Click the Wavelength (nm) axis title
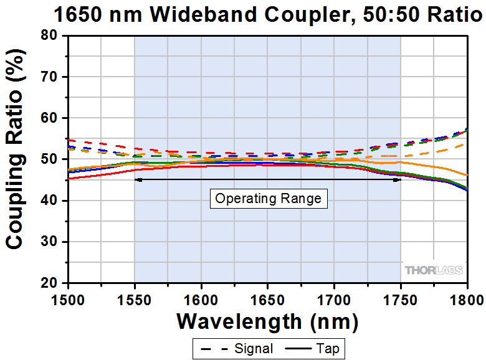tap(267, 321)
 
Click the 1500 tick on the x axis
tap(68, 296)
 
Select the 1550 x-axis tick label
tap(135, 296)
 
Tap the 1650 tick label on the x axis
tap(267, 296)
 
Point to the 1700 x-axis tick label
tap(334, 296)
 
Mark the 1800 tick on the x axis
tap(466, 296)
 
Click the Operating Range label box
tap(268, 199)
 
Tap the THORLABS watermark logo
tap(434, 270)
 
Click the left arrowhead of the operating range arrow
tap(138, 180)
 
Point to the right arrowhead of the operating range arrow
tap(398, 180)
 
